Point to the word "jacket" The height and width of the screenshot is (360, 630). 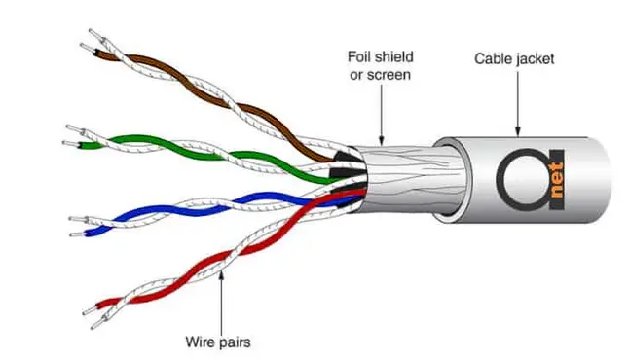tap(535, 59)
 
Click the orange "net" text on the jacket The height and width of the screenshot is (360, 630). tap(557, 179)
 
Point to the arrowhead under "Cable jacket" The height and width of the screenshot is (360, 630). tap(518, 131)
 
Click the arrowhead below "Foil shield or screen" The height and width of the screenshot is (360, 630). tap(381, 139)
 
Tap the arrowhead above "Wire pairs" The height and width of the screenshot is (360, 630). tap(221, 275)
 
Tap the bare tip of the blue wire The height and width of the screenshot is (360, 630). tap(76, 234)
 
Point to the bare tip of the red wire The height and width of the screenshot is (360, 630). tap(90, 310)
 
